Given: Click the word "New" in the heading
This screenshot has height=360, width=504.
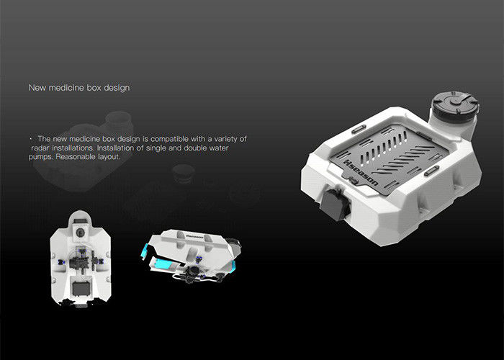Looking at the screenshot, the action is coord(37,88).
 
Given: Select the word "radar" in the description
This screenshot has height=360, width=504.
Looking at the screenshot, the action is coord(40,148).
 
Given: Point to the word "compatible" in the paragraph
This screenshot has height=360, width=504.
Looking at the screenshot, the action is coord(169,139).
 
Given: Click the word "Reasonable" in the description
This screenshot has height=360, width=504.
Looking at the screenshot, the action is coord(75,157).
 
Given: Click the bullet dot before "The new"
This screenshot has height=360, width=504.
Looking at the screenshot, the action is coord(31,139).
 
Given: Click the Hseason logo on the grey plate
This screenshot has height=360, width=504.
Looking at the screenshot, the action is coord(361,173).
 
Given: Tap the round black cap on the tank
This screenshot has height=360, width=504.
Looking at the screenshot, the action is coord(456,104).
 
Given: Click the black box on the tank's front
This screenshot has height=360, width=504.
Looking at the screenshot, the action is coord(335,204).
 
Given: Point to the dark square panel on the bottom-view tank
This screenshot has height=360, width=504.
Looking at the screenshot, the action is coord(81,288).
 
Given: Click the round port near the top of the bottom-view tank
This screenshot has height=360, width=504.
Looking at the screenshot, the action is coord(79,232).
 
